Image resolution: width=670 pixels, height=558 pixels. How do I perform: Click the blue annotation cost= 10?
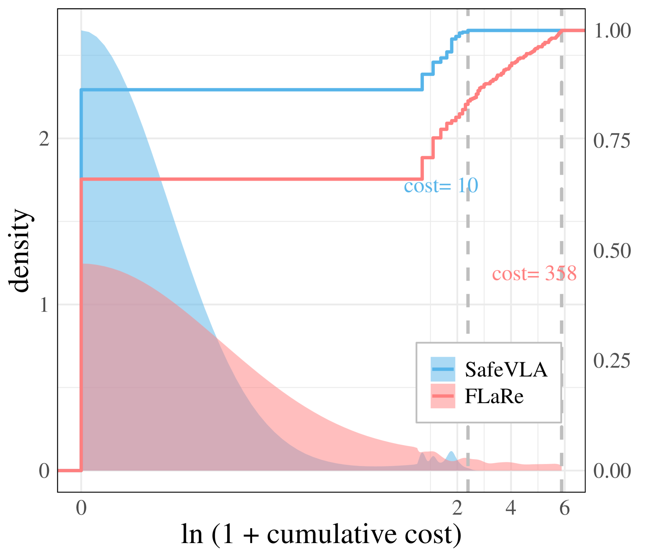click(x=441, y=186)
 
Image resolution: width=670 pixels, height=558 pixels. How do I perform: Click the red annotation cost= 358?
click(x=534, y=273)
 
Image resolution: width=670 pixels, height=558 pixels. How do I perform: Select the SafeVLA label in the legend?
click(x=506, y=369)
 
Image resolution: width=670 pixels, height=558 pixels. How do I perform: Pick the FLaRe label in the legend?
click(x=494, y=396)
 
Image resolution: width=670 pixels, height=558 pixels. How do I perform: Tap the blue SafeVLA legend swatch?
click(x=442, y=369)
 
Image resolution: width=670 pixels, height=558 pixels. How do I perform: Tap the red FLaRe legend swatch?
click(x=442, y=396)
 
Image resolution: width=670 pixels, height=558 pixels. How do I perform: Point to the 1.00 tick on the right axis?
click(x=612, y=31)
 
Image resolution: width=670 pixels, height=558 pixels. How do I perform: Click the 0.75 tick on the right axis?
click(x=612, y=141)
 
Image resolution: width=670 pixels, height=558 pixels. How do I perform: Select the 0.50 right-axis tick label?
click(x=612, y=251)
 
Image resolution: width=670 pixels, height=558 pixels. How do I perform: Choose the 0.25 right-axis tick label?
click(x=612, y=360)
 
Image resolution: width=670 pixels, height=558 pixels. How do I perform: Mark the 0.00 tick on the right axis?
click(x=612, y=471)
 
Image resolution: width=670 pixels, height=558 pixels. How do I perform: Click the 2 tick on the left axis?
click(x=44, y=139)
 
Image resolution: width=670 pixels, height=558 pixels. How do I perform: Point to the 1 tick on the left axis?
click(x=44, y=305)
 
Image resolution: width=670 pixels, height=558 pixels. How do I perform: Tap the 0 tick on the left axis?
click(x=44, y=471)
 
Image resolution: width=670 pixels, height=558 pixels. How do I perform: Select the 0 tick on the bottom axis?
click(x=81, y=508)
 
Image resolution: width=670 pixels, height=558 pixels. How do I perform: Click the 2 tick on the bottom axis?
click(x=457, y=508)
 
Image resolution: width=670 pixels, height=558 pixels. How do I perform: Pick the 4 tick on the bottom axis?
click(x=511, y=508)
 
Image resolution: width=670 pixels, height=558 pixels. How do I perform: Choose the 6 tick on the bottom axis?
click(x=564, y=508)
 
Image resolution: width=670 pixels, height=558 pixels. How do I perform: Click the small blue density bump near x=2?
click(x=451, y=456)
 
